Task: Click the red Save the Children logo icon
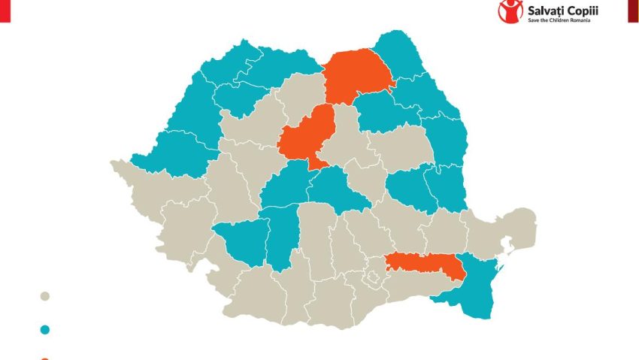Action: (x=511, y=11)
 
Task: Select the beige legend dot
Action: (x=45, y=297)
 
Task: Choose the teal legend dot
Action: (x=45, y=329)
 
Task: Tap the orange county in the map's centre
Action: (x=304, y=135)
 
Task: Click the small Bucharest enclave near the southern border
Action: (x=370, y=280)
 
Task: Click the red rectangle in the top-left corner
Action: (x=5, y=11)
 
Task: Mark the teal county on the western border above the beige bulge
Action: (x=169, y=150)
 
